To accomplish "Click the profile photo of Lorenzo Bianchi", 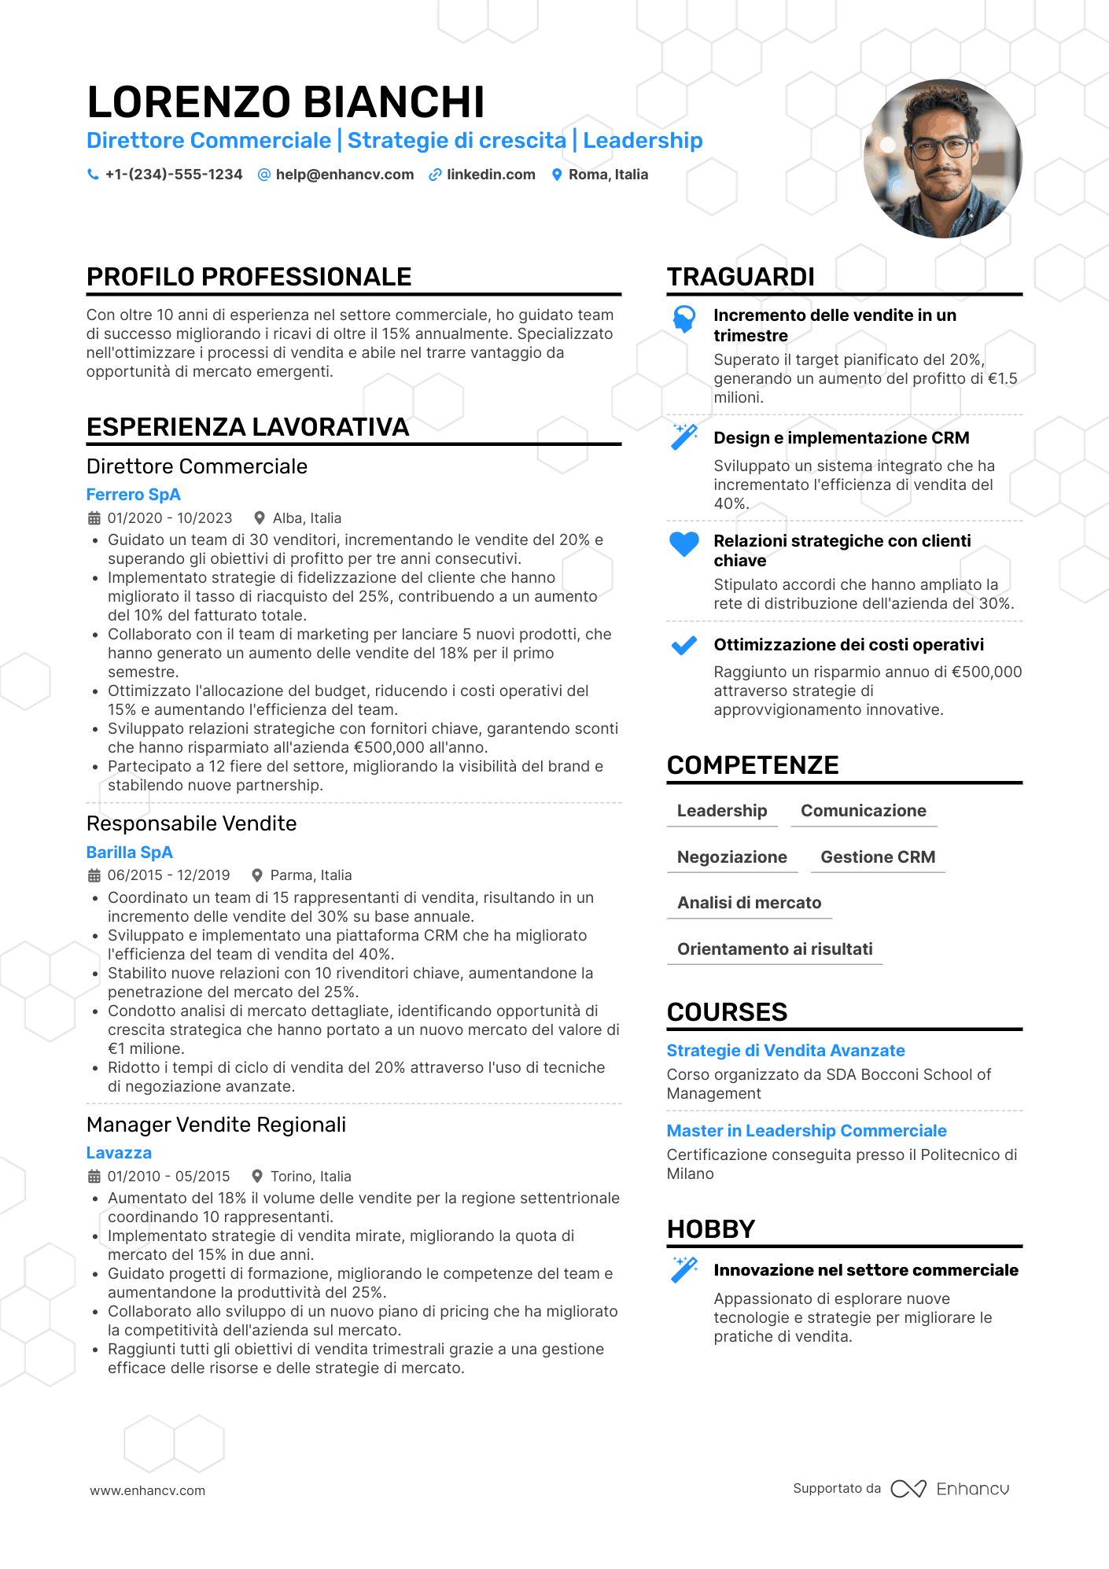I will tap(942, 158).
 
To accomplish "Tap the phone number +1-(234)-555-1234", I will tap(173, 175).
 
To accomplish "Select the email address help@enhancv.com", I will tap(344, 175).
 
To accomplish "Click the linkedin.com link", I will tap(491, 175).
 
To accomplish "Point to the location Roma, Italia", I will tap(608, 175).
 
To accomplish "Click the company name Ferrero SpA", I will tap(134, 495).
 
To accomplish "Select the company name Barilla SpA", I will tap(130, 853).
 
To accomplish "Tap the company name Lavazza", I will tap(119, 1153).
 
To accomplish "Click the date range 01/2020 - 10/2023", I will tap(170, 518).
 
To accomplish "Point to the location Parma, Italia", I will tap(311, 875).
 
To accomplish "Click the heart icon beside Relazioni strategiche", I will tap(683, 543).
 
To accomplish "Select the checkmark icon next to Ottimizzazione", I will tap(683, 646).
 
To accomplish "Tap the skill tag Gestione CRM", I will tap(878, 857).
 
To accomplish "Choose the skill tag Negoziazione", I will tap(731, 857).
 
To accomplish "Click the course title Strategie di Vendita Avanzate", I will tap(786, 1051).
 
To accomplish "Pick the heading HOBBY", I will tap(711, 1228).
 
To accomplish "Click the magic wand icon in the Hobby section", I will tap(683, 1270).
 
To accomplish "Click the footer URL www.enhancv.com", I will tap(148, 1490).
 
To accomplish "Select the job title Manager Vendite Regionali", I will tap(216, 1125).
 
